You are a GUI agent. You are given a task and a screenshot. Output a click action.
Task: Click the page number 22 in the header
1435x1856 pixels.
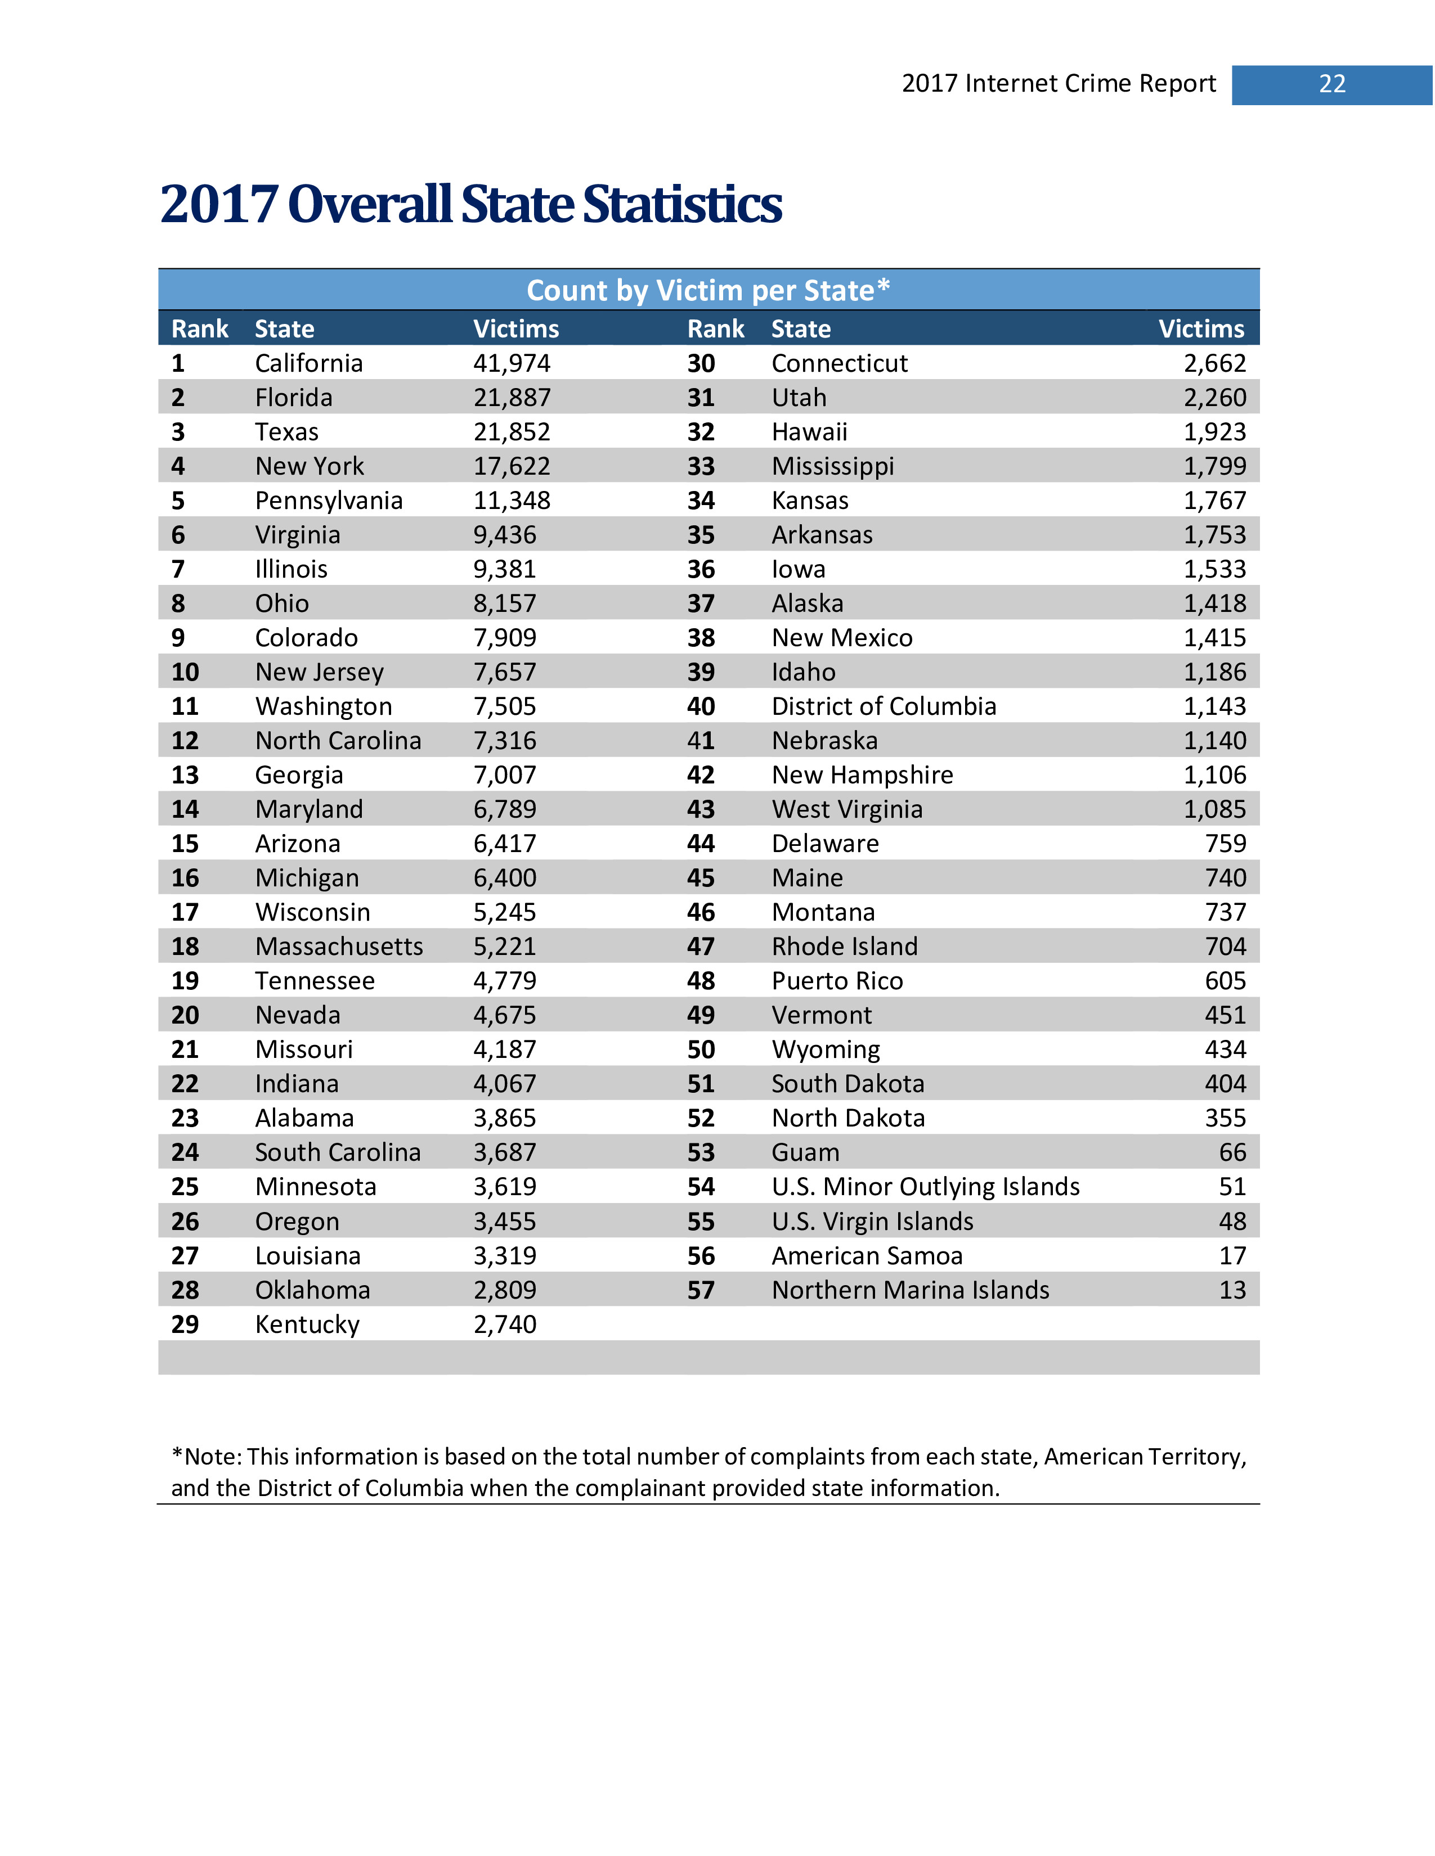[x=1331, y=84]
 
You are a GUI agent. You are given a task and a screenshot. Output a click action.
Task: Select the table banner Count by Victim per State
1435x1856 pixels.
[x=707, y=291]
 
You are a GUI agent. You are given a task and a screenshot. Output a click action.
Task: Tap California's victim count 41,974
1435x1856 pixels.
[x=512, y=364]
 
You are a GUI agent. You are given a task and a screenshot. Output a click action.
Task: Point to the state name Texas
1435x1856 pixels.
[x=286, y=433]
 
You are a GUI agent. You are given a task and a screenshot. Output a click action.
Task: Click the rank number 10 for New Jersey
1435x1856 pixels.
[x=185, y=672]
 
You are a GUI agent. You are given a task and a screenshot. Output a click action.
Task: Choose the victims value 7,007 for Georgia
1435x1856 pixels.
[x=505, y=775]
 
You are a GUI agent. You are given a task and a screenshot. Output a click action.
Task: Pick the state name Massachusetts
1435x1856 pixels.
[x=338, y=947]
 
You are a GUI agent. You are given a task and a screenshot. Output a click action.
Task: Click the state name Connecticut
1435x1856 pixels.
[x=839, y=364]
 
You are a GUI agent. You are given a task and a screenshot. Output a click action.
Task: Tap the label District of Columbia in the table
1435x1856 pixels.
[x=884, y=706]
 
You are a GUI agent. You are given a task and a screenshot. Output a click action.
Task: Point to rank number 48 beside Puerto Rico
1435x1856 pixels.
[x=701, y=981]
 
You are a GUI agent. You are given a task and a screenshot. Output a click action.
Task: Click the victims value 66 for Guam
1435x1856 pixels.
[x=1232, y=1152]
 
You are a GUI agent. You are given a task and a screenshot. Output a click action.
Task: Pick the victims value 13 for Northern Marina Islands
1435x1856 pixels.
[x=1232, y=1290]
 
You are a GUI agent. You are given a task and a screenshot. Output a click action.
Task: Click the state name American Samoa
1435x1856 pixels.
[x=866, y=1256]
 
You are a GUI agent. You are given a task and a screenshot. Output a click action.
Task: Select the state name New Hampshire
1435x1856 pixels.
[x=862, y=775]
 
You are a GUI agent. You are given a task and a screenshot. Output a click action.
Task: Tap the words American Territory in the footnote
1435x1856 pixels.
[x=1144, y=1457]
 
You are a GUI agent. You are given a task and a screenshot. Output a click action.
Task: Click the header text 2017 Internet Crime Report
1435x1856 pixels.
[x=1059, y=84]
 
